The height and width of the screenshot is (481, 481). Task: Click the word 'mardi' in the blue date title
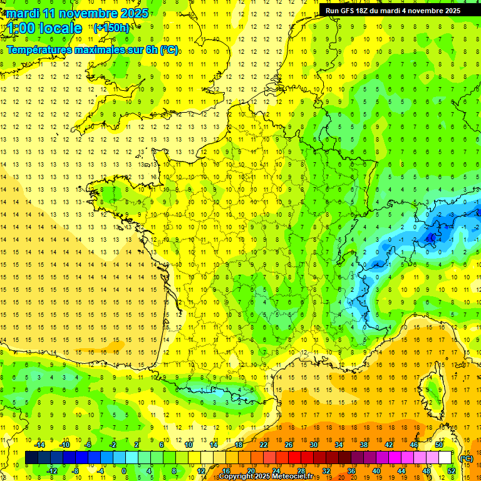click(21, 13)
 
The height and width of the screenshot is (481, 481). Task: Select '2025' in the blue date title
click(135, 13)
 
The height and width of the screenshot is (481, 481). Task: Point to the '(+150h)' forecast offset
click(111, 28)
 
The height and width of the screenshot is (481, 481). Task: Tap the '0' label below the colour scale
click(124, 471)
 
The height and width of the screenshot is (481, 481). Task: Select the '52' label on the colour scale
click(452, 471)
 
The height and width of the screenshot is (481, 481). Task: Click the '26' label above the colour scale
click(289, 445)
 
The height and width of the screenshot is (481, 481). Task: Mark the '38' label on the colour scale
click(364, 445)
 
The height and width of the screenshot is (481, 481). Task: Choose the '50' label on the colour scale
click(439, 445)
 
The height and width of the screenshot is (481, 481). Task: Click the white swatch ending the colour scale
click(445, 458)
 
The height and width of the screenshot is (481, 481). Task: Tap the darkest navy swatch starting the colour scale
click(31, 458)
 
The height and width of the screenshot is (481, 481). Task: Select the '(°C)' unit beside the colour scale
click(467, 458)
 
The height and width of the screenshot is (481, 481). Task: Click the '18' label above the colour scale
click(239, 445)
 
